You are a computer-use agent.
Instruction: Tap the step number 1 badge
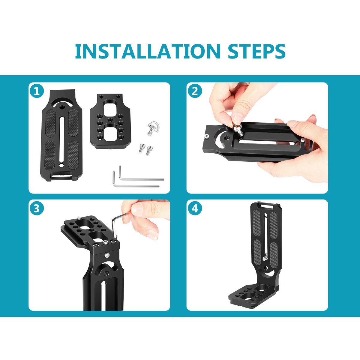pyautogui.click(x=37, y=92)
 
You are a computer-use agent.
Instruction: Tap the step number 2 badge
pyautogui.click(x=195, y=92)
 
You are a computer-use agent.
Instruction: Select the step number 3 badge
pyautogui.click(x=37, y=208)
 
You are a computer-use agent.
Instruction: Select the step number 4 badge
pyautogui.click(x=195, y=208)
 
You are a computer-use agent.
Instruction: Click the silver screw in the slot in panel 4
pyautogui.click(x=265, y=259)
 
